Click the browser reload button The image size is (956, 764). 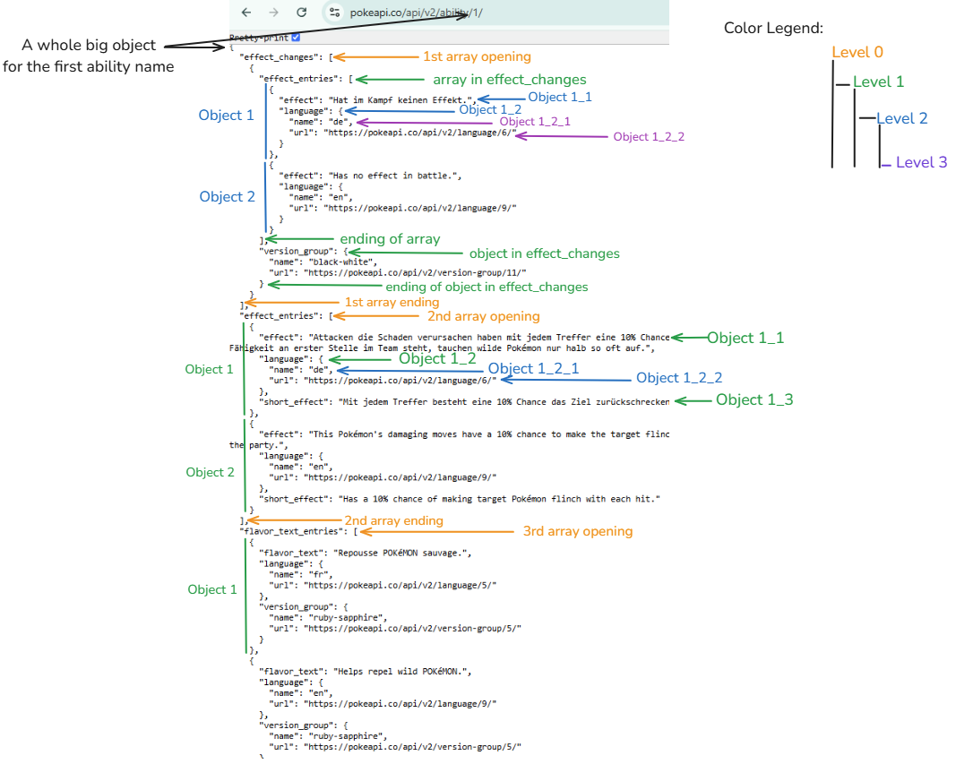(x=302, y=13)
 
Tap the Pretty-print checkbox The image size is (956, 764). (x=296, y=38)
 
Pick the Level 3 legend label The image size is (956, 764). (x=921, y=162)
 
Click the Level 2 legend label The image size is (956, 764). (x=902, y=118)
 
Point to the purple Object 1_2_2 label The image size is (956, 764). (x=649, y=137)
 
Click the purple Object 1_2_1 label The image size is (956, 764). (x=535, y=122)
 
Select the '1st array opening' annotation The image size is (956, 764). (x=477, y=57)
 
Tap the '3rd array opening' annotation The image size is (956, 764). (x=578, y=531)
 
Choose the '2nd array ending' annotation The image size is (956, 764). (x=393, y=520)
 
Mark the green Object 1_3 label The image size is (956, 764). (x=754, y=400)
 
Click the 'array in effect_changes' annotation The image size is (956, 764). (x=510, y=80)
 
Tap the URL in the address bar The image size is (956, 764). (x=413, y=13)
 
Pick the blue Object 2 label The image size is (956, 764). (x=227, y=197)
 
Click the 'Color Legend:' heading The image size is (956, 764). (x=773, y=29)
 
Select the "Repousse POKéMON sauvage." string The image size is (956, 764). (x=400, y=554)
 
